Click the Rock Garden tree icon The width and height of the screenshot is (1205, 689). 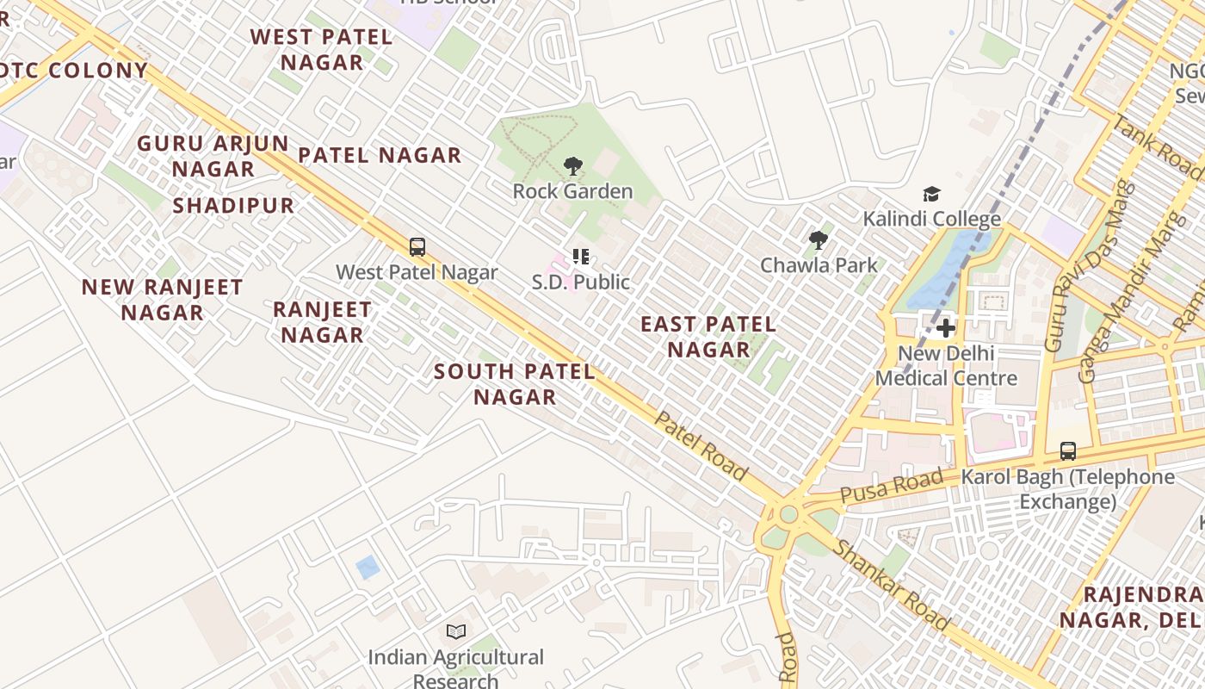click(572, 166)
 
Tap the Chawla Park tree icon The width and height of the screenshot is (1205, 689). click(818, 240)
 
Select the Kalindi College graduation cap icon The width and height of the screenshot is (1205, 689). click(931, 195)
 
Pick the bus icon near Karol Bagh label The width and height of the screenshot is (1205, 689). click(1067, 451)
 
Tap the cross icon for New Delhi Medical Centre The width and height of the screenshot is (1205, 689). click(946, 328)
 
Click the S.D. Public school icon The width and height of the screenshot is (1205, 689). click(581, 257)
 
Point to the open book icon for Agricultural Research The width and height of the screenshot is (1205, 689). click(456, 632)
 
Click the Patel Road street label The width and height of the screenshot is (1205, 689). click(701, 445)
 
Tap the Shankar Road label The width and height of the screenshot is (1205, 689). click(891, 586)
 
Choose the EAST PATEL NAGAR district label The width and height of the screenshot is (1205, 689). click(708, 337)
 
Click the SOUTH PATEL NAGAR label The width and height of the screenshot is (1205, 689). click(515, 384)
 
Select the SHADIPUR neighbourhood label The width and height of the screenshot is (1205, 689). click(233, 206)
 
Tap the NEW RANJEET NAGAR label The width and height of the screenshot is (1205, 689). click(162, 300)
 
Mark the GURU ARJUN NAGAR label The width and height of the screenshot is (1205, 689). click(213, 156)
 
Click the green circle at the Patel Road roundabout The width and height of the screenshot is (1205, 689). click(788, 514)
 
